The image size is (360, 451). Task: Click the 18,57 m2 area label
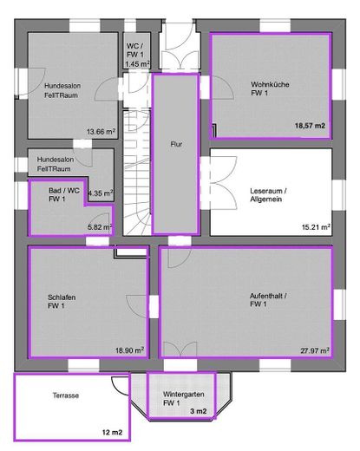pos(310,127)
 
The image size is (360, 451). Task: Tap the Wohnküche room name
pos(270,88)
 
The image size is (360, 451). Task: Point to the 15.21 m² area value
pos(316,227)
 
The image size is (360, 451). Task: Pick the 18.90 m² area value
pos(130,350)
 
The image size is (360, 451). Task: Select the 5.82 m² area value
pos(101,227)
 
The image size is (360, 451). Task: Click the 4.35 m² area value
pos(101,193)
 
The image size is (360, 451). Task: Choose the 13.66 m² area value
pos(101,132)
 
